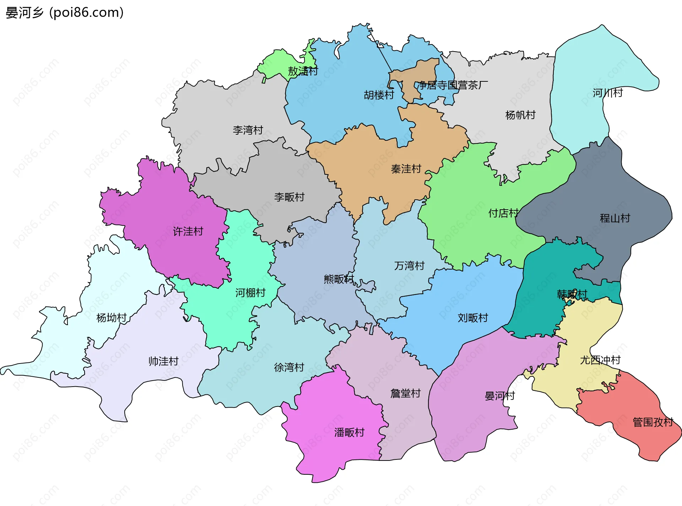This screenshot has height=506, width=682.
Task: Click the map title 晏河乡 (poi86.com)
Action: tap(65, 13)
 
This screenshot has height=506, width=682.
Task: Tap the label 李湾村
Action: tap(248, 130)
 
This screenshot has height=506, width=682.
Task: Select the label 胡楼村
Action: tap(379, 95)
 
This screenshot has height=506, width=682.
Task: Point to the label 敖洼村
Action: tap(303, 71)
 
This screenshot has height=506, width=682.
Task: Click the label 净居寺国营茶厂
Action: tap(453, 85)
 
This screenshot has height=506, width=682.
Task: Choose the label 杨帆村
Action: tap(520, 115)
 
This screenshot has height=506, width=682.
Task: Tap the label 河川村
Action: tap(607, 93)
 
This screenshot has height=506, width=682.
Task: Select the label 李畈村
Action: tap(289, 197)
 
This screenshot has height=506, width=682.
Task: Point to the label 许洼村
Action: tap(188, 231)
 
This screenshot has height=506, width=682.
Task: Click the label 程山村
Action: tap(615, 218)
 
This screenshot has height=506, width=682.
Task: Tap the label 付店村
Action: tap(503, 213)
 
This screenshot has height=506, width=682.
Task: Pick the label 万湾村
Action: tap(409, 265)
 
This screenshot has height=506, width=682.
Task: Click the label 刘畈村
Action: tap(473, 318)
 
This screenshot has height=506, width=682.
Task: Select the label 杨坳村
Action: tap(112, 318)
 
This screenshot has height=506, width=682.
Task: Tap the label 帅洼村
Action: tap(163, 361)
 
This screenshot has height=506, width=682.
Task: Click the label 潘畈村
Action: tap(349, 432)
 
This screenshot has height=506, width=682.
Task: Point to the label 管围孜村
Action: tap(653, 422)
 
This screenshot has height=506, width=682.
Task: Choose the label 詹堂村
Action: tap(405, 393)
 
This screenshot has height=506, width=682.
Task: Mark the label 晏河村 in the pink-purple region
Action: tap(500, 395)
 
